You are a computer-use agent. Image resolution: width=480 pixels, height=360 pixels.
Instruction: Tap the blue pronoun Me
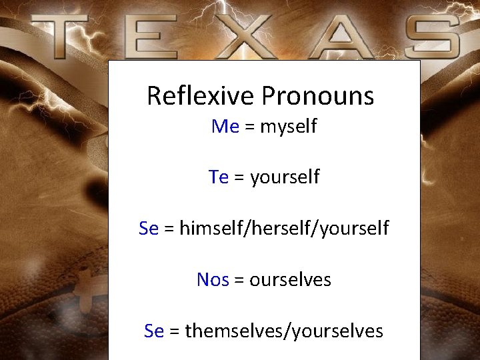click(225, 126)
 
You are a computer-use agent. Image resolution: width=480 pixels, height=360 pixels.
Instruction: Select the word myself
click(288, 127)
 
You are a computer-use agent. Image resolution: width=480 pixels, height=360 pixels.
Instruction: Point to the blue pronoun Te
click(219, 177)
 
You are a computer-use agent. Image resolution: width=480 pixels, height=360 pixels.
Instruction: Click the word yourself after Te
click(285, 178)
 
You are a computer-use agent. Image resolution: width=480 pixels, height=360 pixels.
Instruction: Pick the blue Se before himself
click(149, 229)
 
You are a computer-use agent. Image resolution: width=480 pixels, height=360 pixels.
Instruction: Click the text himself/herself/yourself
click(284, 229)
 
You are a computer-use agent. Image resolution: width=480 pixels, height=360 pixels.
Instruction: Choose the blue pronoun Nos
click(213, 280)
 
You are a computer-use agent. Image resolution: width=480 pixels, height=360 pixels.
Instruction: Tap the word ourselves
click(290, 280)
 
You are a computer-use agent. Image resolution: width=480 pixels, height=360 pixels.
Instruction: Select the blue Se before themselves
click(154, 331)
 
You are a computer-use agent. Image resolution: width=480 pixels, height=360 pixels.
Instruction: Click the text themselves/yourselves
click(284, 331)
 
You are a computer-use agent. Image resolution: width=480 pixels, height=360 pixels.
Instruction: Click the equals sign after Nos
click(239, 280)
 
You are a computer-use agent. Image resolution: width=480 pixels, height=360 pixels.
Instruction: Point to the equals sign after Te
click(239, 178)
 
